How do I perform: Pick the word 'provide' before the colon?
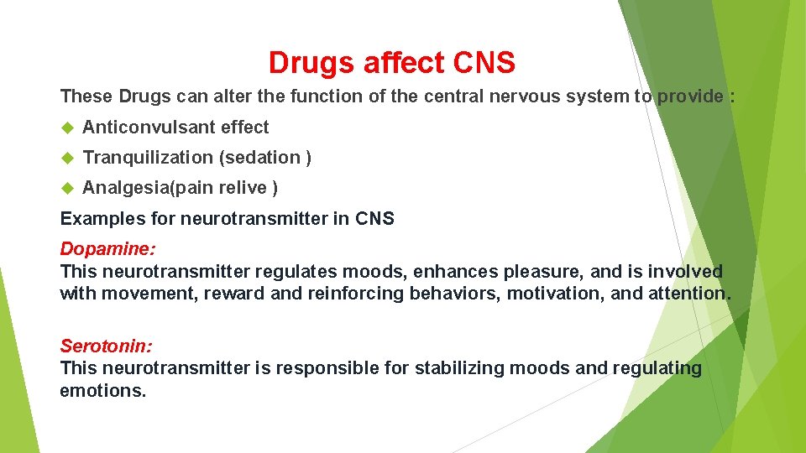[690, 96]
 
